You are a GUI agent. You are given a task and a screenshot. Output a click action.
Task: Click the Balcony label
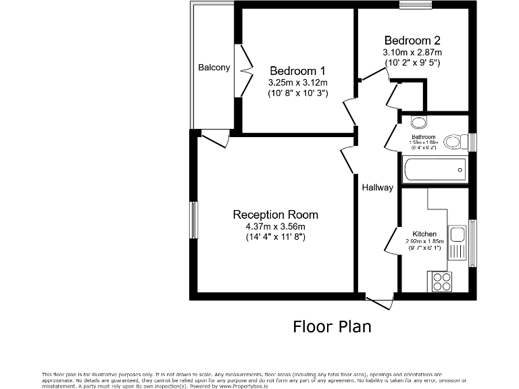click(214, 68)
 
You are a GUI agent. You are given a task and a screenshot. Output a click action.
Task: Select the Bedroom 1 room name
click(297, 71)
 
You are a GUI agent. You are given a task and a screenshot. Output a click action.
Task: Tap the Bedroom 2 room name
click(412, 39)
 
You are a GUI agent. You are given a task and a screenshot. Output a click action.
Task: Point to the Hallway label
click(376, 188)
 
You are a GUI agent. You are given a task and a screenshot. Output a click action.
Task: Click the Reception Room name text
click(275, 215)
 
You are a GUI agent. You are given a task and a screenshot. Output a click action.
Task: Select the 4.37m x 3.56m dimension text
click(275, 226)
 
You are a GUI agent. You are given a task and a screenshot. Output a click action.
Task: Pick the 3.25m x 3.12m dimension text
click(297, 82)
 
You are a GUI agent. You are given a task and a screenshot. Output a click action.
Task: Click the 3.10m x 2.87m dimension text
click(412, 51)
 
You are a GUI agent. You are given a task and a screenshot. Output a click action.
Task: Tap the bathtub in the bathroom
click(434, 169)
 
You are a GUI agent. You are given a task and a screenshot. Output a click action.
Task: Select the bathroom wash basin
click(419, 122)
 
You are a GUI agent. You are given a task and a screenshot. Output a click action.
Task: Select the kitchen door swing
click(392, 240)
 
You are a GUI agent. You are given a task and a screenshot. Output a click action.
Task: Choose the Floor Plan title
click(332, 327)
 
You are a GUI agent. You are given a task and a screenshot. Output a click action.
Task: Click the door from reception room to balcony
click(215, 138)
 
